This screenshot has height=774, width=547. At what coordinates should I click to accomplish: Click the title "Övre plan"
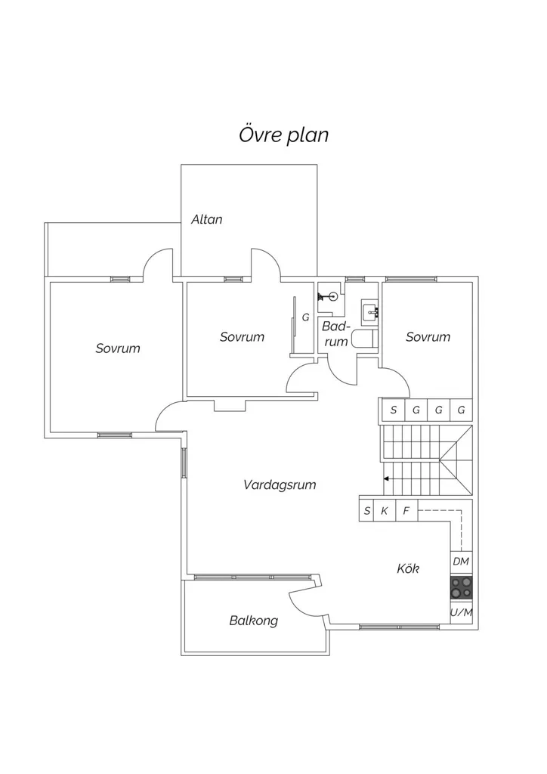pos(283,135)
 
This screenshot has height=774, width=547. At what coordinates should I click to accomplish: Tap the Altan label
pos(207,219)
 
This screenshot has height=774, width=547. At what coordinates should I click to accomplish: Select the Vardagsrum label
pos(280,485)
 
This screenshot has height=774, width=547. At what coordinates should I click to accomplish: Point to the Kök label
pos(408,568)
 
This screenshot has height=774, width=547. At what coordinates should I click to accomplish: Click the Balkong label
pos(254,621)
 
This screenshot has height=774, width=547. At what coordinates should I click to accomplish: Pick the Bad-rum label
pos(336,333)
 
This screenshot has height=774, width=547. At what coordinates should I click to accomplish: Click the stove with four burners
pos(461,587)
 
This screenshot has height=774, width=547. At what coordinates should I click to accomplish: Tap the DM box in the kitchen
pos(461,561)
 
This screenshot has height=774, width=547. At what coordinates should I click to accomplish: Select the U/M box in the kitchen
pos(461,612)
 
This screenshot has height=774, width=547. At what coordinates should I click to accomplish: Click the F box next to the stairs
pos(406,510)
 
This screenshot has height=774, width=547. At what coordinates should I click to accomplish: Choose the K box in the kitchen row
pos(385,510)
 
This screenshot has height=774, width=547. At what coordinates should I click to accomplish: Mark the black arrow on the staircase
pos(387,478)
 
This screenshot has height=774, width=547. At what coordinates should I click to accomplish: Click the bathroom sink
pos(370,312)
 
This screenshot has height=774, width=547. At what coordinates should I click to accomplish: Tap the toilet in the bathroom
pos(364,339)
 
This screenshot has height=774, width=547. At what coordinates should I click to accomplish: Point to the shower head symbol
pos(327,297)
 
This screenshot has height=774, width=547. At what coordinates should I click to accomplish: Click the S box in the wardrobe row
pos(393,410)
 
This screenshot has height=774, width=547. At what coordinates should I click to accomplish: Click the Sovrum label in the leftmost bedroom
pos(118,348)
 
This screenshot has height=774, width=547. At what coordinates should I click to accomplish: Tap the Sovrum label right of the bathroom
pos(428,336)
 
